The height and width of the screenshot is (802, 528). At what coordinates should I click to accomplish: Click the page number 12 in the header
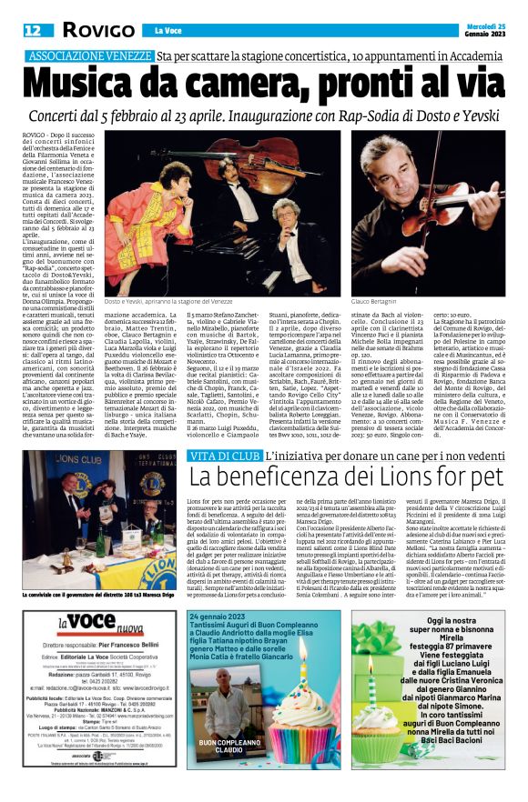(32, 30)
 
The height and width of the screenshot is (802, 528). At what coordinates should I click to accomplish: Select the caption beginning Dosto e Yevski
(157, 300)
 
